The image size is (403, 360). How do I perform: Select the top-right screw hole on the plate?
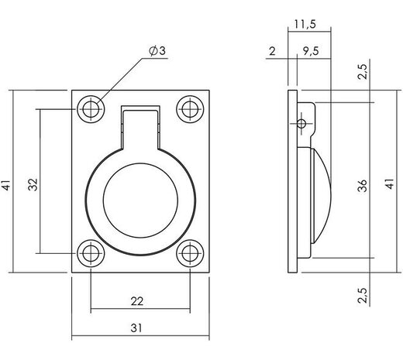(x=188, y=108)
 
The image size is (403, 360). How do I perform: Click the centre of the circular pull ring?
(x=140, y=196)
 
